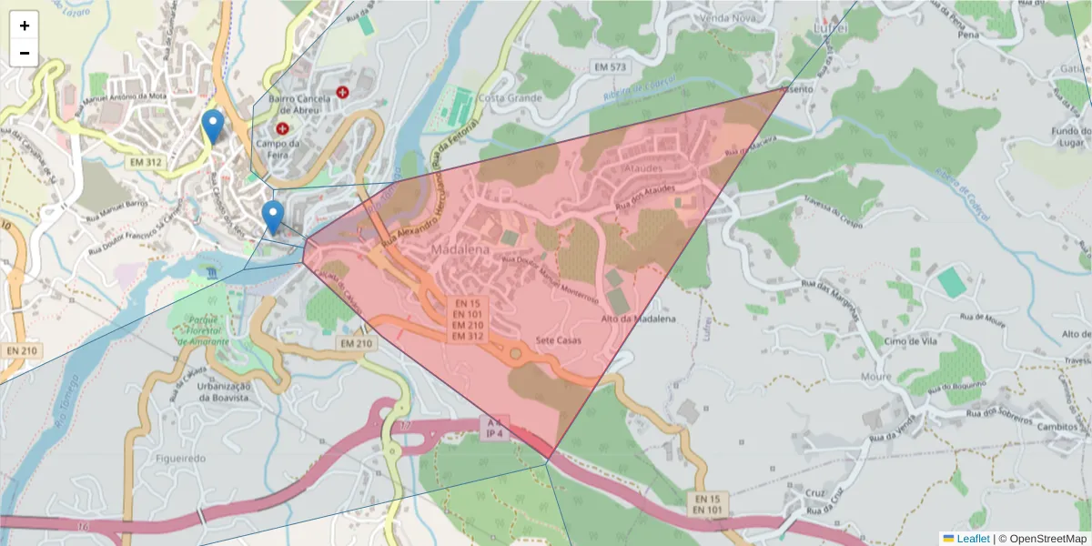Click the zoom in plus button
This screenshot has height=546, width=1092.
click(25, 25)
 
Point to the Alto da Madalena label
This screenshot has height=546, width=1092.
click(639, 318)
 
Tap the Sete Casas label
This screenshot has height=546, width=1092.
click(559, 340)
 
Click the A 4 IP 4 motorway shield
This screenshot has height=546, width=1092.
click(494, 429)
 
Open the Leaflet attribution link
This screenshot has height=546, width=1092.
click(973, 539)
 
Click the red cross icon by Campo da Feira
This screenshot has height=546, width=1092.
click(282, 129)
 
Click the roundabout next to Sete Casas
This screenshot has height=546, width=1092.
click(516, 353)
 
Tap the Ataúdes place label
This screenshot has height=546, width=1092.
click(648, 168)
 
